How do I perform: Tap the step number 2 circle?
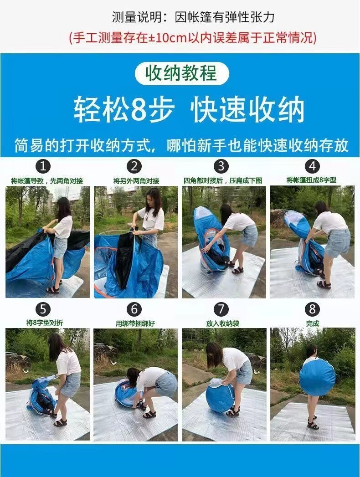(x=134, y=166)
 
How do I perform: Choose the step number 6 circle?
(x=134, y=309)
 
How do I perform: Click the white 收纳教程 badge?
(x=181, y=73)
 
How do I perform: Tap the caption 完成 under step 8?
(x=312, y=323)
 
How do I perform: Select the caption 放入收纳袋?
(x=222, y=323)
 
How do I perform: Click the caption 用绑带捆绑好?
(x=135, y=323)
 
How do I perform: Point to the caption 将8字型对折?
(x=45, y=323)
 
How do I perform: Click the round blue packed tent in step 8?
(x=317, y=377)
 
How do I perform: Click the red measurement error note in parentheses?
(x=193, y=37)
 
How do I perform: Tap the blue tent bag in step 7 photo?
(x=219, y=398)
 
